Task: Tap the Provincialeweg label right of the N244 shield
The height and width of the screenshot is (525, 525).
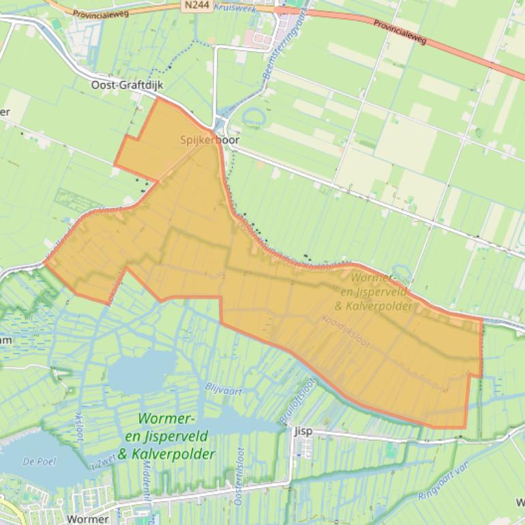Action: [x=400, y=31]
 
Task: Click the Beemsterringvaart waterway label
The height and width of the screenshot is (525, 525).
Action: [x=285, y=42]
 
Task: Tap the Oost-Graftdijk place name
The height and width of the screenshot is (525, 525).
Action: [x=127, y=85]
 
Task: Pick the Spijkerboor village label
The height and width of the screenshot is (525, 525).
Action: [x=210, y=140]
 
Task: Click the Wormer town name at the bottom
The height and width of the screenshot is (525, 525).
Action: [x=88, y=519]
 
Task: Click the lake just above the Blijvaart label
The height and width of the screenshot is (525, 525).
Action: [x=140, y=372]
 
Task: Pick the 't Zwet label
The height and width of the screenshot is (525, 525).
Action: [x=101, y=464]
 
